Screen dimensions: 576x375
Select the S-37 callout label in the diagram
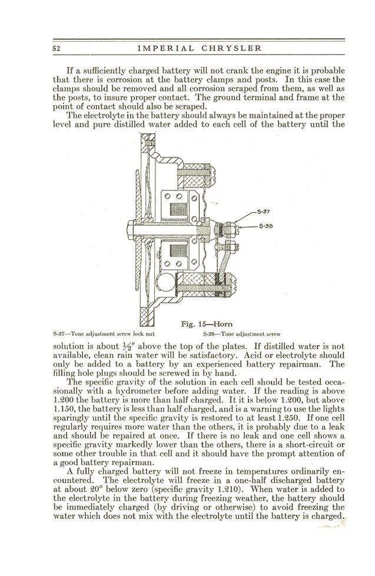coord(263,210)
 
